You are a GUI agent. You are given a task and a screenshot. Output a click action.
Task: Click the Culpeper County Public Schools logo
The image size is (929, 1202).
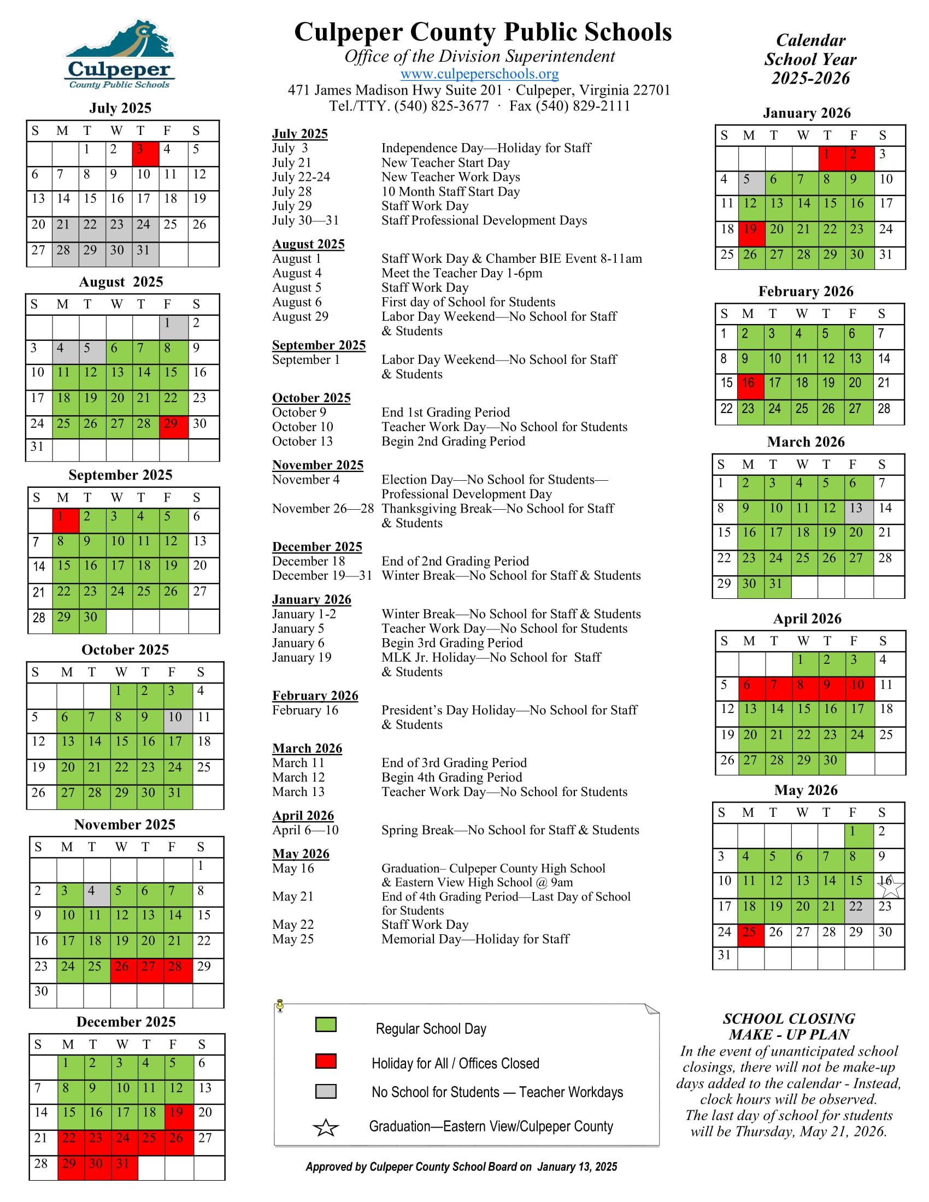coord(120,54)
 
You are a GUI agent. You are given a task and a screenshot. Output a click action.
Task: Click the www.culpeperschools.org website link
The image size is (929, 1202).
coord(479,74)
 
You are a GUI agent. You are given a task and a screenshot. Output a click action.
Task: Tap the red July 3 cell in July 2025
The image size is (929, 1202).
coord(145,154)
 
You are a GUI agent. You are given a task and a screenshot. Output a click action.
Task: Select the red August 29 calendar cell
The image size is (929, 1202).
coord(173,427)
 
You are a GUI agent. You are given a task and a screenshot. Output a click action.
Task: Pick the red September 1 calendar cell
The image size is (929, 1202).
coord(66,520)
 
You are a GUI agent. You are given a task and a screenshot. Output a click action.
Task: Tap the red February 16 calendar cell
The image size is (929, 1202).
coord(750,386)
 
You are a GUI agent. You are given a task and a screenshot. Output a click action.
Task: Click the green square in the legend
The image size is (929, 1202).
coord(326,1025)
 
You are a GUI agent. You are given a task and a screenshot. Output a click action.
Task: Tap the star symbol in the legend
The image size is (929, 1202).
coord(326,1128)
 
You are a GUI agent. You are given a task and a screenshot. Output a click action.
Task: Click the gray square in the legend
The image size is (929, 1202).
coord(326,1092)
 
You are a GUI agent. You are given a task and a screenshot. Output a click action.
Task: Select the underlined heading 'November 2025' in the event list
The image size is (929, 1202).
coord(317,465)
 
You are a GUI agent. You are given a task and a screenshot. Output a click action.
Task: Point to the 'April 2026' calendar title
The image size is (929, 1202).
coord(807,618)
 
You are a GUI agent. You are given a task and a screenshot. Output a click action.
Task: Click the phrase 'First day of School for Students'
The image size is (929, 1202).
coord(468,302)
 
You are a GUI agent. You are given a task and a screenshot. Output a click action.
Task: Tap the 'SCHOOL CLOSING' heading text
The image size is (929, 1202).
coord(789,1019)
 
